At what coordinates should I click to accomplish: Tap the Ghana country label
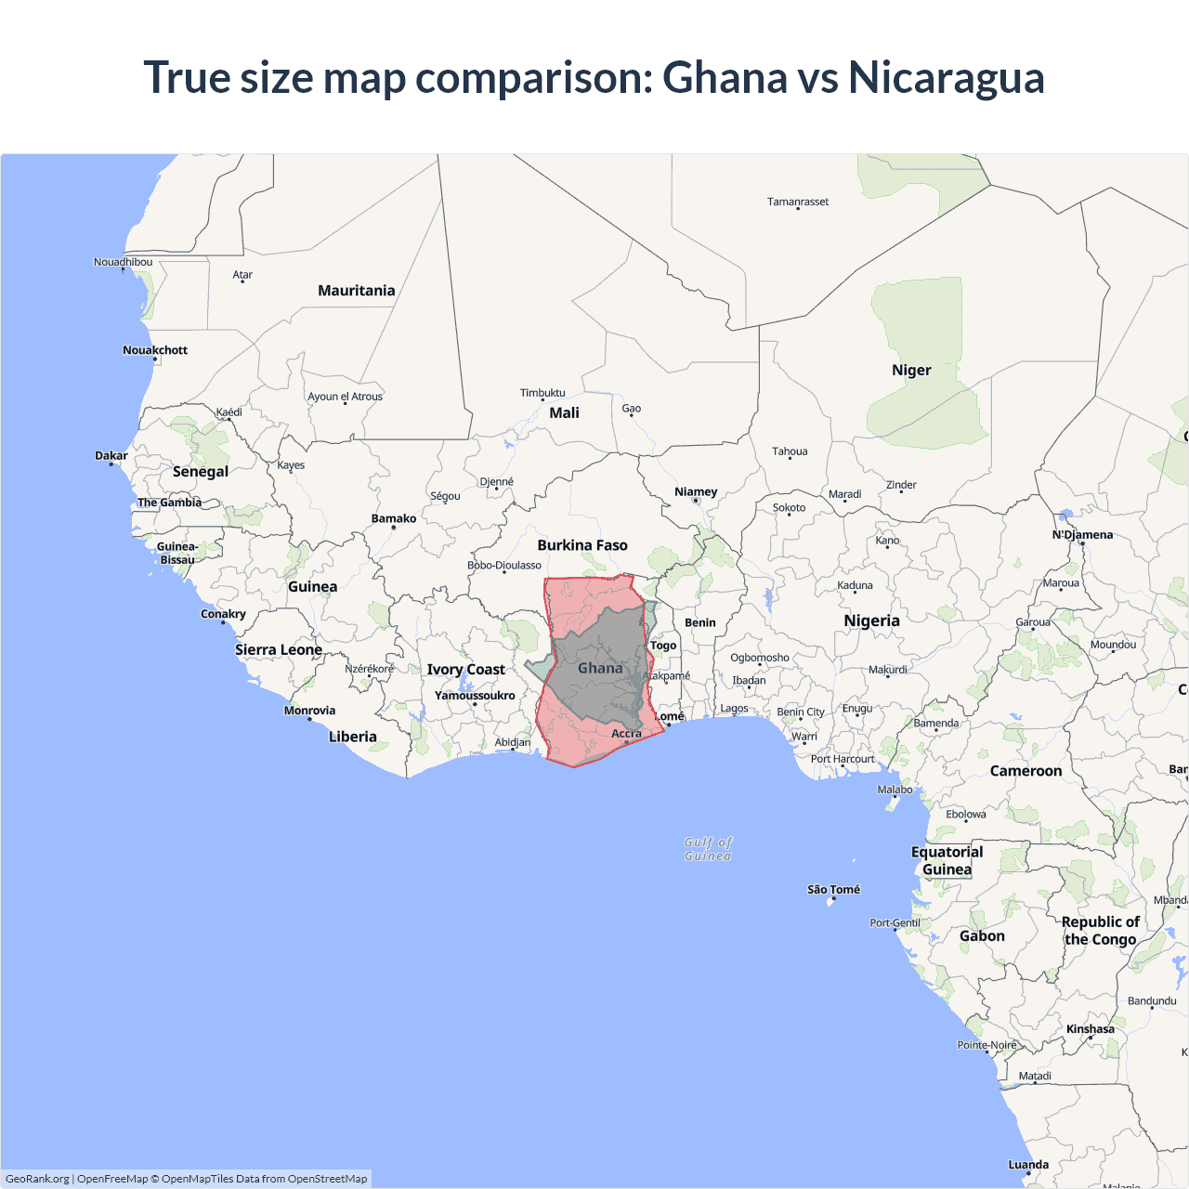[600, 668]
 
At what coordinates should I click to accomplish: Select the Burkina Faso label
[582, 545]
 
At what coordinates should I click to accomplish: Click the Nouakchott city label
[155, 350]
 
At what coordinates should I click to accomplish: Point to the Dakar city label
[111, 456]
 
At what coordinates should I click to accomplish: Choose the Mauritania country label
[356, 291]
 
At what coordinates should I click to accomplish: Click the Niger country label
[911, 370]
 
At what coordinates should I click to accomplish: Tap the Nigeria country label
[871, 621]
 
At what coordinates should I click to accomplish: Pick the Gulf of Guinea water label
[708, 849]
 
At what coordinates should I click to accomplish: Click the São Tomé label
[833, 890]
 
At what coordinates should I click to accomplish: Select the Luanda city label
[1028, 1165]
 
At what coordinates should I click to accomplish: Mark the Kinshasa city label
[1091, 1029]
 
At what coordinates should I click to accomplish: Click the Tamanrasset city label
[798, 202]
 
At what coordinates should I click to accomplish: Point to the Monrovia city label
[309, 711]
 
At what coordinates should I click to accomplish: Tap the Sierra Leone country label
[279, 650]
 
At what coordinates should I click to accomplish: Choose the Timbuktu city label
[542, 393]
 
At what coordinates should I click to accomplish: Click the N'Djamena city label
[1082, 535]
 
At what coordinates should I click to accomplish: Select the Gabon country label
[982, 936]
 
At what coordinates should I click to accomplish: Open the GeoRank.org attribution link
[37, 1179]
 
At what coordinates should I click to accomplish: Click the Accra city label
[626, 734]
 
